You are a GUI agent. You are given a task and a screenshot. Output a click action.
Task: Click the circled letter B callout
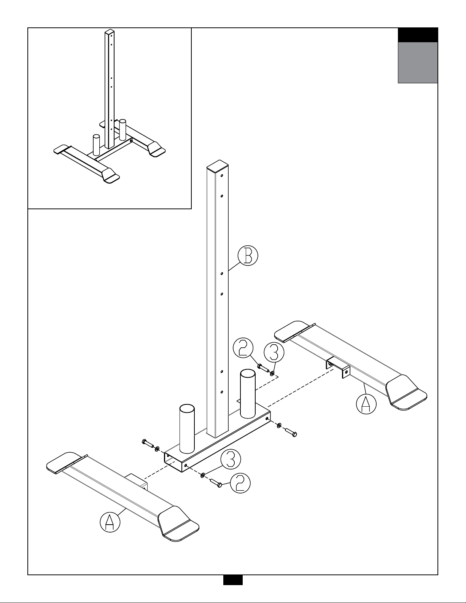point(248,256)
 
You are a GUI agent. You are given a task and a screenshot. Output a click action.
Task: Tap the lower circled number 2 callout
point(240,483)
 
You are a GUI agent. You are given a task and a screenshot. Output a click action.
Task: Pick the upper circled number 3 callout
point(274,352)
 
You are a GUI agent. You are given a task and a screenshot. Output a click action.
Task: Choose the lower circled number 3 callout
point(231,459)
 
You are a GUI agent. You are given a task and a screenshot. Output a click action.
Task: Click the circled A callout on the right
point(366,404)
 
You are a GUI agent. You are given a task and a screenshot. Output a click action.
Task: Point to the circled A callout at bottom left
point(110,522)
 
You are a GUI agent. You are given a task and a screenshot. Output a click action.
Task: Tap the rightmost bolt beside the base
point(291,432)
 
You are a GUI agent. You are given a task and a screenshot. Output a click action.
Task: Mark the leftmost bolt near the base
point(147,443)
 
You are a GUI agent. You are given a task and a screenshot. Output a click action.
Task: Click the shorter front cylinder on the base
point(187,428)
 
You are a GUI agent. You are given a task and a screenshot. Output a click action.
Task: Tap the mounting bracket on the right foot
point(338,368)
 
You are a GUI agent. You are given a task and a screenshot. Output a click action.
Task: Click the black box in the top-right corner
point(417,35)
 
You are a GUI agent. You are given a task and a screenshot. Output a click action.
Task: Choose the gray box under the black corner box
point(417,62)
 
